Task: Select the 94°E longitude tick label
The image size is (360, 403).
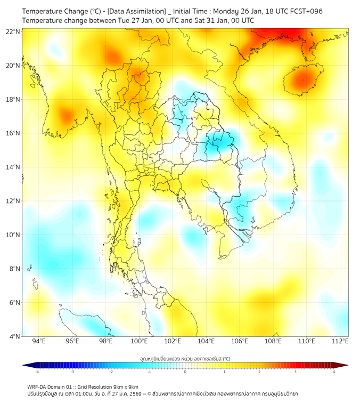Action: point(39,341)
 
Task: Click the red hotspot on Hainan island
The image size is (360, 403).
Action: point(303,80)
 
